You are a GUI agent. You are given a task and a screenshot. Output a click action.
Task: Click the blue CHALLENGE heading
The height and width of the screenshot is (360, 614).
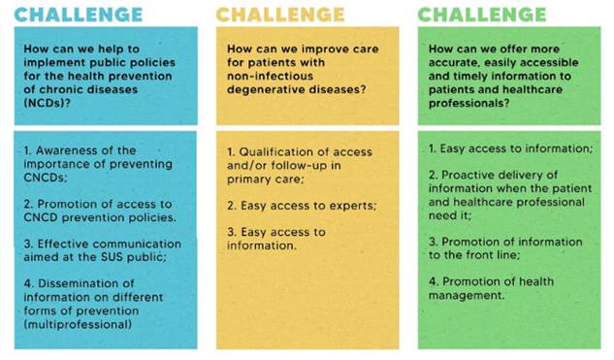[79, 15]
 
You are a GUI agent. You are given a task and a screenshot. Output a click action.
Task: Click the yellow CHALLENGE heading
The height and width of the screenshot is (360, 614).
[280, 15]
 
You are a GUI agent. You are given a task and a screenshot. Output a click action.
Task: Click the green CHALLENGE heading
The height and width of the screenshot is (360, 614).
[482, 15]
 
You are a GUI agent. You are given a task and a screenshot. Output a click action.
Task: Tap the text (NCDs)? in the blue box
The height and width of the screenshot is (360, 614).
[47, 104]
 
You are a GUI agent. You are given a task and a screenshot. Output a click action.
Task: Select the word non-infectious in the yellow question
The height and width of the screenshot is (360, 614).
[271, 76]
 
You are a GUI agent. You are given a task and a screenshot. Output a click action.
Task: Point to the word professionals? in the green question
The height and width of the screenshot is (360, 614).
[469, 104]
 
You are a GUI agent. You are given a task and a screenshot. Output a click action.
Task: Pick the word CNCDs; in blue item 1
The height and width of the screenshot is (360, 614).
[46, 178]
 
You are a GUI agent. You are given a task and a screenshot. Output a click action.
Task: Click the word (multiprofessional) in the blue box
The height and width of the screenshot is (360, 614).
[78, 325]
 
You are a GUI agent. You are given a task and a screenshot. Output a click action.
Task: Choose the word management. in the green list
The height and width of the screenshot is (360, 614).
[467, 295]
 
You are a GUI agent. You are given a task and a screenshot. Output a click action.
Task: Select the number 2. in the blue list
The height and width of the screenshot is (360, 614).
[28, 204]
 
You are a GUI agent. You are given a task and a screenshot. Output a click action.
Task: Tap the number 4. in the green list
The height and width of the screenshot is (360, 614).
[434, 281]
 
